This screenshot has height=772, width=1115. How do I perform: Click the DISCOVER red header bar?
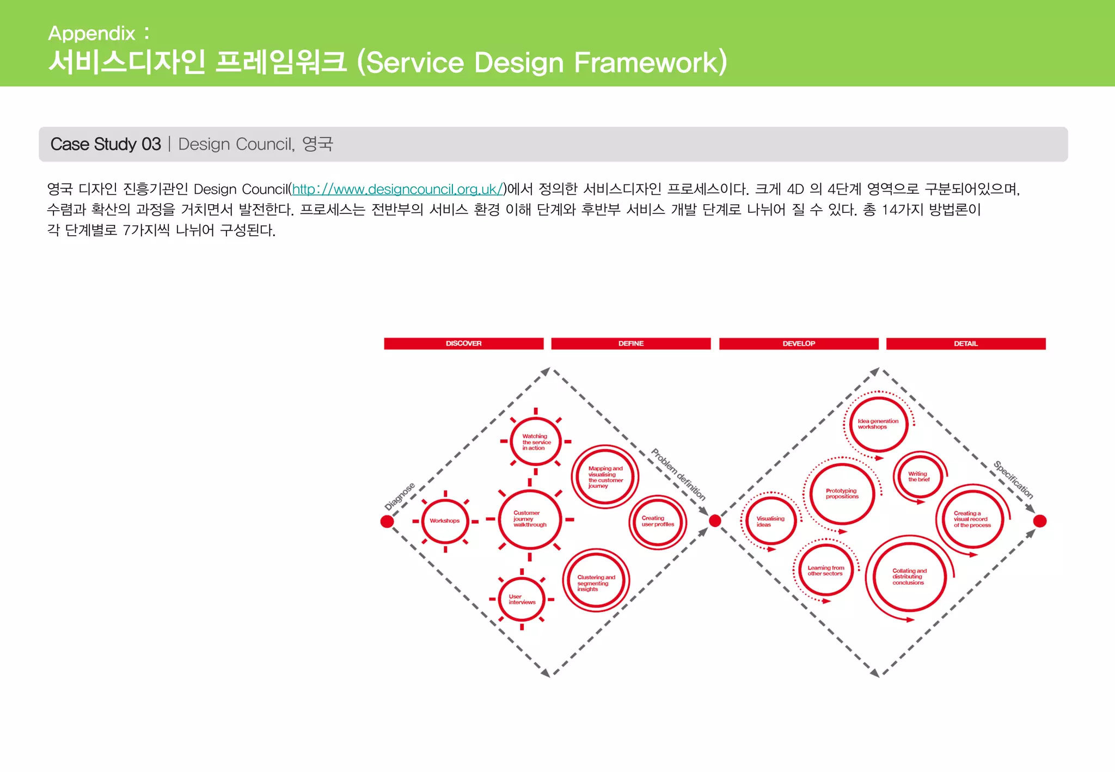(463, 344)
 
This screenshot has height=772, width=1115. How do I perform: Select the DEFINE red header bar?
(630, 344)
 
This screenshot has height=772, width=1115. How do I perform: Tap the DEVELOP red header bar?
(798, 344)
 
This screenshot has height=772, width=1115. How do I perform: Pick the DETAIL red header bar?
(965, 344)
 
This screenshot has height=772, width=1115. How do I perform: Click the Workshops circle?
(445, 521)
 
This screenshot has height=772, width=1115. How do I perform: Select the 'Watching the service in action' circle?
(536, 442)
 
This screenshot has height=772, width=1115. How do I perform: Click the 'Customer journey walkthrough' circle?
(529, 519)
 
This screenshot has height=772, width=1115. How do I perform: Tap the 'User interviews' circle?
(522, 599)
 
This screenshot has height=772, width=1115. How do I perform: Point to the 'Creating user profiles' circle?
(657, 522)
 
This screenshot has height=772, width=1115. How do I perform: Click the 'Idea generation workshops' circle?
(878, 424)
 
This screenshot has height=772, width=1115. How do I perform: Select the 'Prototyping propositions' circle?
(842, 493)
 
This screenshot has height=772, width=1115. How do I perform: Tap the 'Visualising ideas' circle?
(770, 521)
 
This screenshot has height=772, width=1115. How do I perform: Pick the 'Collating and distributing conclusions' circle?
(909, 577)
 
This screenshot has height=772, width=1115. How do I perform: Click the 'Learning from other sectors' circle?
(825, 571)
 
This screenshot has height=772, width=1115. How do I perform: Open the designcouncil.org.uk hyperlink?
(397, 189)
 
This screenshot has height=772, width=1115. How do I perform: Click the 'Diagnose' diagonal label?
(400, 496)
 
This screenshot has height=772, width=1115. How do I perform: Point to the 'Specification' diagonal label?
(1013, 480)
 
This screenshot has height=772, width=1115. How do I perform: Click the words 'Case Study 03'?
(106, 144)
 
